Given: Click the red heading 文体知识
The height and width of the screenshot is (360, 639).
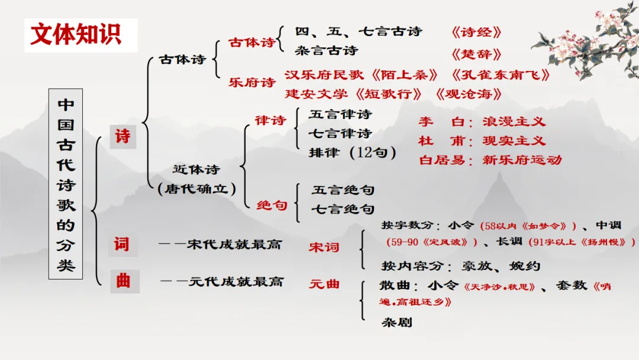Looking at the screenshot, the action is [75, 34].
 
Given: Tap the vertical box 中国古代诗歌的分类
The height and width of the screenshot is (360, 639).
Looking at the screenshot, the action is [66, 185].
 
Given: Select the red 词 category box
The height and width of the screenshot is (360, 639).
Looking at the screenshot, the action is [122, 243].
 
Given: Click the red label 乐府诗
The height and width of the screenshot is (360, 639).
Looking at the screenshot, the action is [252, 82].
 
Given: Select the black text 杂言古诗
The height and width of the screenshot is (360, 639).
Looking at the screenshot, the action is [327, 51].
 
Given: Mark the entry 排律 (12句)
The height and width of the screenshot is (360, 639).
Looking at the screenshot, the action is [351, 152].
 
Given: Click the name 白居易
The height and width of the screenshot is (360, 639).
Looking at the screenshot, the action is [438, 159].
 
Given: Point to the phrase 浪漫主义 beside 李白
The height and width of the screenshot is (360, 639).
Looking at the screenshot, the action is [514, 122].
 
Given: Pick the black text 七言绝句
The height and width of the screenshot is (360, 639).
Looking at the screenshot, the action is [343, 209].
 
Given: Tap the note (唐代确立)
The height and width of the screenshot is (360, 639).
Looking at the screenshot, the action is [197, 189].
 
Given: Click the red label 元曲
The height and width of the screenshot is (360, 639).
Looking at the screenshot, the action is [324, 284].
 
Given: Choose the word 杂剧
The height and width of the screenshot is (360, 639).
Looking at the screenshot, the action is [396, 322].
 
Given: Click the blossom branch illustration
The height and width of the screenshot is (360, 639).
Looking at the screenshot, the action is [586, 41].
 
